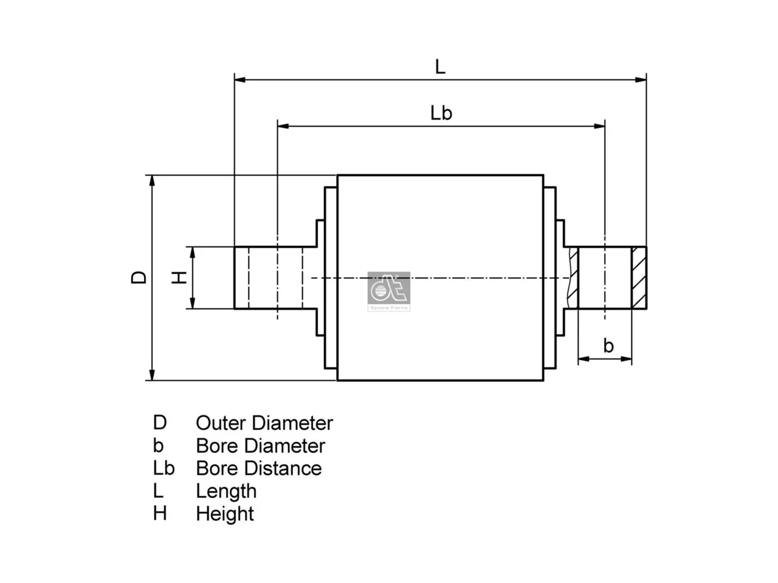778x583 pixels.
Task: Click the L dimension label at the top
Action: pos(440,67)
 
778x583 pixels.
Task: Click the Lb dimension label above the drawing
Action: pos(441,113)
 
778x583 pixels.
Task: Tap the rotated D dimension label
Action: pos(139,278)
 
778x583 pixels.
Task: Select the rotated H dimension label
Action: pos(179,278)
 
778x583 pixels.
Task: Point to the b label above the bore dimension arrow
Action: pos(608,346)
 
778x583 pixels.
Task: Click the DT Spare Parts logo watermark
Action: pos(389,291)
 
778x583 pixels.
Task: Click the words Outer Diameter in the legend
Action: pos(264,423)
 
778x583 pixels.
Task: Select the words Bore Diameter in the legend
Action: pos(261,446)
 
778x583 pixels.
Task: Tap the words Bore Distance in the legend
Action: pos(259,468)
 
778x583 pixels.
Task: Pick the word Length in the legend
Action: pos(226,492)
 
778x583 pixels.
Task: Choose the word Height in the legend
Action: pos(225,514)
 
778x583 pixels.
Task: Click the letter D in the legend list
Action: pos(160,423)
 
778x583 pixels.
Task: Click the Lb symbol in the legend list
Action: pos(164,468)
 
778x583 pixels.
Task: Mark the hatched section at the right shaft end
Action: pos(639,278)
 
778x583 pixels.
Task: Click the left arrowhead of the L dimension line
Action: pos(240,80)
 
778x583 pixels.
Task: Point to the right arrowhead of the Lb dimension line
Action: pos(599,126)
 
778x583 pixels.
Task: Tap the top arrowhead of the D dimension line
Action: pos(152,181)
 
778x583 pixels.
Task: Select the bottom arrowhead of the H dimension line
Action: pos(193,303)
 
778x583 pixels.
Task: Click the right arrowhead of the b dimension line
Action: pos(626,359)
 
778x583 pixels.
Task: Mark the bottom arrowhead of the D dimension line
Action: pos(152,375)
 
